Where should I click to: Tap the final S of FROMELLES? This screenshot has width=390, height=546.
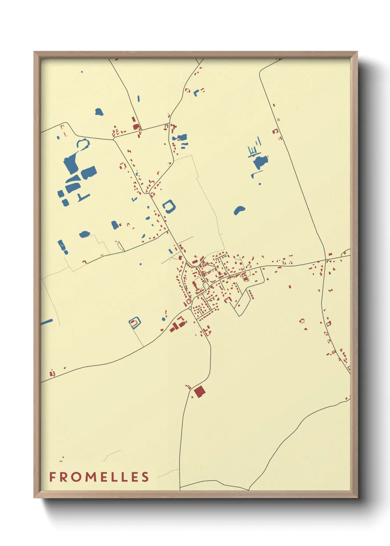point(145,477)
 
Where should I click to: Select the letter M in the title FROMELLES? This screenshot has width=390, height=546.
point(88,477)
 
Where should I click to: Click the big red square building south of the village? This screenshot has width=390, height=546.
point(199,391)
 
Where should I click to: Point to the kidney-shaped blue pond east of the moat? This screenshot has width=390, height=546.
point(239,210)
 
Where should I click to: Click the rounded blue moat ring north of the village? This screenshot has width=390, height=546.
point(169,206)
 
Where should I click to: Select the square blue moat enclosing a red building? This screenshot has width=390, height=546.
point(135,323)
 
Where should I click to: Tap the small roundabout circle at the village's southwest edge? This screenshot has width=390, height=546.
point(190,308)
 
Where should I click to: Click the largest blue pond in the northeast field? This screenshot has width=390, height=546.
point(261,162)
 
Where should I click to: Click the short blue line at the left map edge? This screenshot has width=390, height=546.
point(46,322)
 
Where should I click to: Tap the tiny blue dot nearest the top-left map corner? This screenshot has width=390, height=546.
point(82,72)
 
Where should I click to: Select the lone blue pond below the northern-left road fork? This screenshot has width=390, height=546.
point(99,111)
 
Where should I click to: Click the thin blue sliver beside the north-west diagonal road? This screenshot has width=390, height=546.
point(139,99)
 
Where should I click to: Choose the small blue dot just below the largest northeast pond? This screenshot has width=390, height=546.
point(260,183)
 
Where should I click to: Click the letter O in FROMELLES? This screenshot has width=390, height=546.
point(76,477)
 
